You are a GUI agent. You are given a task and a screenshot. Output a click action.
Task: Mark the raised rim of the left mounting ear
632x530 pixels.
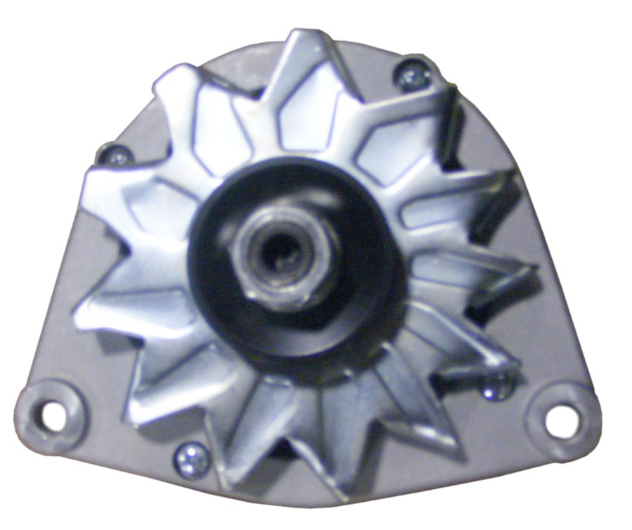(x=28, y=405)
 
